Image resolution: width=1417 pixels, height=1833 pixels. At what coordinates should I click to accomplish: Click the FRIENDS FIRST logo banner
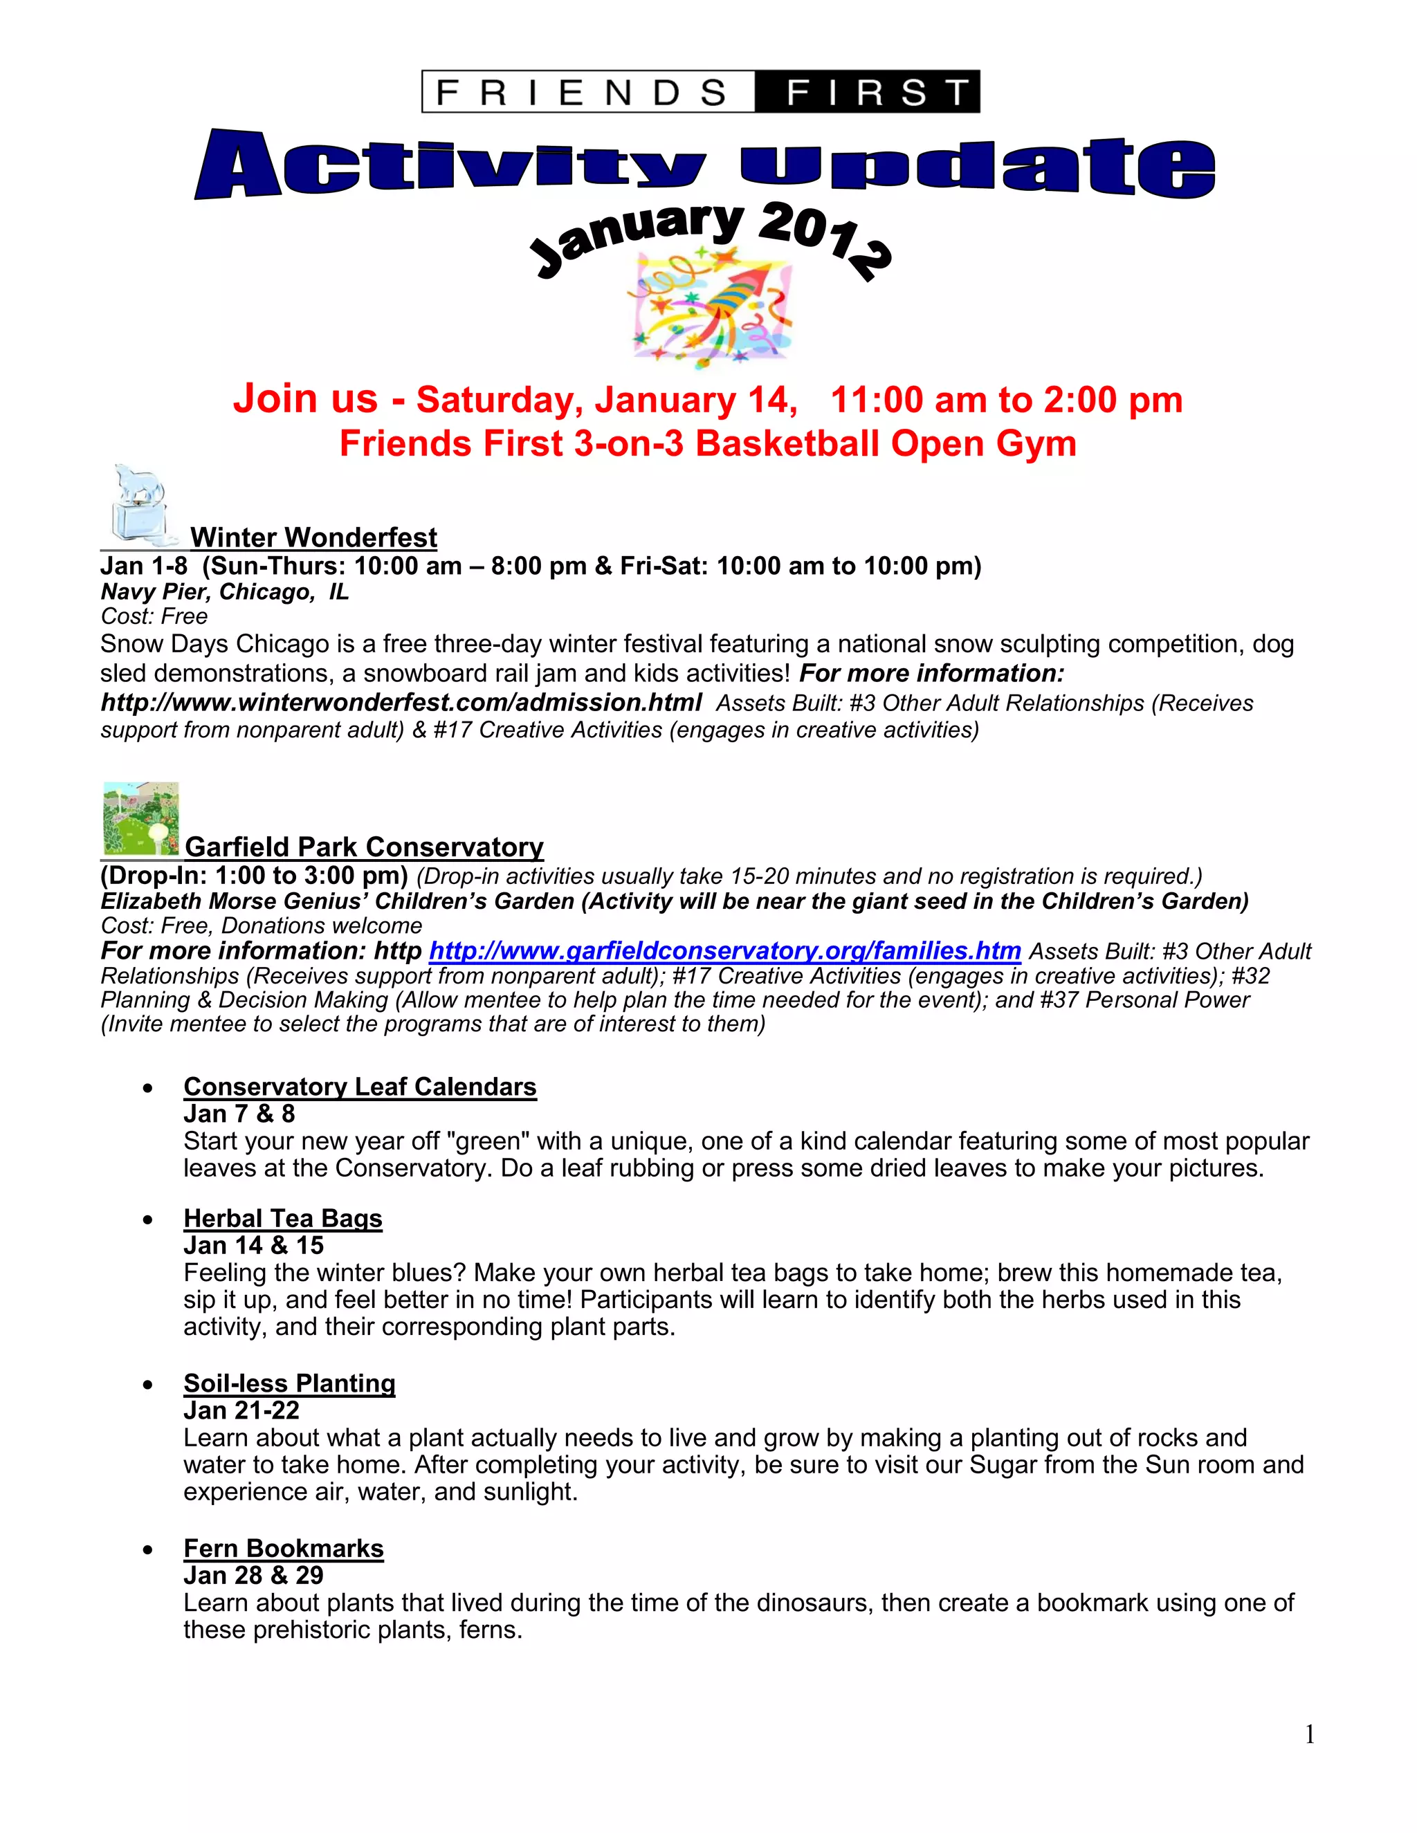700,91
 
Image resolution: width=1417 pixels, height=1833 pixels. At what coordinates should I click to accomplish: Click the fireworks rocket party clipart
711,311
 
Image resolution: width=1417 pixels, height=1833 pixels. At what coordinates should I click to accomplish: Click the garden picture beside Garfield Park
140,819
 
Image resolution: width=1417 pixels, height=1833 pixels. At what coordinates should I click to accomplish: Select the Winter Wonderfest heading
313,537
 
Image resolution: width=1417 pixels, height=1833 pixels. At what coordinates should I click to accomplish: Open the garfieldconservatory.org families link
724,951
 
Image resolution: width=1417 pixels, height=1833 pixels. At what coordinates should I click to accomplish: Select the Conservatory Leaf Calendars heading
359,1087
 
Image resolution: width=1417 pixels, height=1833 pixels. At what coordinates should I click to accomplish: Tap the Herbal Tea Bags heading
283,1219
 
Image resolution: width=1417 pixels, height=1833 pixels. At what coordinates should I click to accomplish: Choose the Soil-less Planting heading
289,1383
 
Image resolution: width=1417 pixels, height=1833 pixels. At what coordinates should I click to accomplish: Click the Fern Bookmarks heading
283,1549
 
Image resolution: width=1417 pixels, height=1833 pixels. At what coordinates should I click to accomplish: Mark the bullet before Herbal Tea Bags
149,1219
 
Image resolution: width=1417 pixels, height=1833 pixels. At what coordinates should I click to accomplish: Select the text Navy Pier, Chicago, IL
224,591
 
